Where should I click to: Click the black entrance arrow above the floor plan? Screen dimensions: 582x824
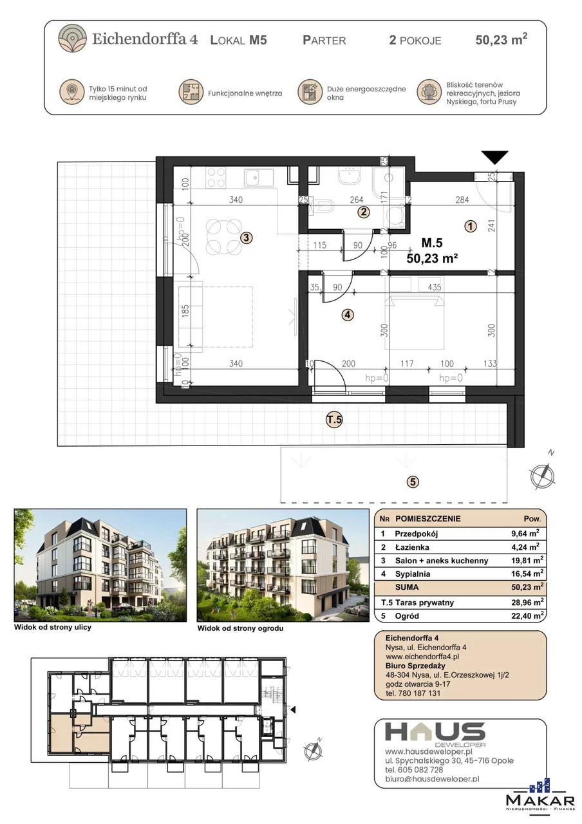point(495,157)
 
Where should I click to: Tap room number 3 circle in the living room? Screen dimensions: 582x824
point(246,238)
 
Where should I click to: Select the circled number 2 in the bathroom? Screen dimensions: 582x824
point(364,212)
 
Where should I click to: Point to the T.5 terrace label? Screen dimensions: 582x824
point(334,419)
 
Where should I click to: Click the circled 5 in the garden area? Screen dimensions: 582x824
point(413,482)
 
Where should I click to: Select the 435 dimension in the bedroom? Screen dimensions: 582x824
point(435,287)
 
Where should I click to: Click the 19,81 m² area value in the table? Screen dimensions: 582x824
point(527,560)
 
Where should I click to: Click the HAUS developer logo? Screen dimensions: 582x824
point(435,733)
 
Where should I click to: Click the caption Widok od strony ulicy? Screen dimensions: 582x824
point(53,627)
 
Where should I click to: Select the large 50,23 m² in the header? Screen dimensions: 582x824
point(501,39)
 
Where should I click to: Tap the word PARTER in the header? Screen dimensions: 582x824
point(324,40)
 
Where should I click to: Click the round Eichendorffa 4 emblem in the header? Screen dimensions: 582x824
point(73,38)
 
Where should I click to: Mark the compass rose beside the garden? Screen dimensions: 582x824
point(543,475)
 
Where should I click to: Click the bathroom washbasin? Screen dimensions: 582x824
point(350,176)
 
